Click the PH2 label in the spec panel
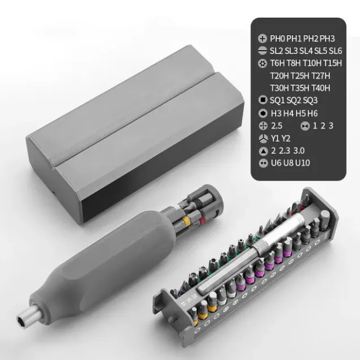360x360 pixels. pos(311,39)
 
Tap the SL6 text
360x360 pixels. pos(335,51)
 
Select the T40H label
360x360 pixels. pos(321,88)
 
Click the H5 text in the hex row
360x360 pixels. pos(300,113)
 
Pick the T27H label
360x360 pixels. pos(321,76)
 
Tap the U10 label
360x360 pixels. pos(303,163)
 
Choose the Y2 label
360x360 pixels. pos(286,138)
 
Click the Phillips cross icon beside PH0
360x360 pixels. pos(263,39)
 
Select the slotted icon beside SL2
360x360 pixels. pos(263,51)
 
